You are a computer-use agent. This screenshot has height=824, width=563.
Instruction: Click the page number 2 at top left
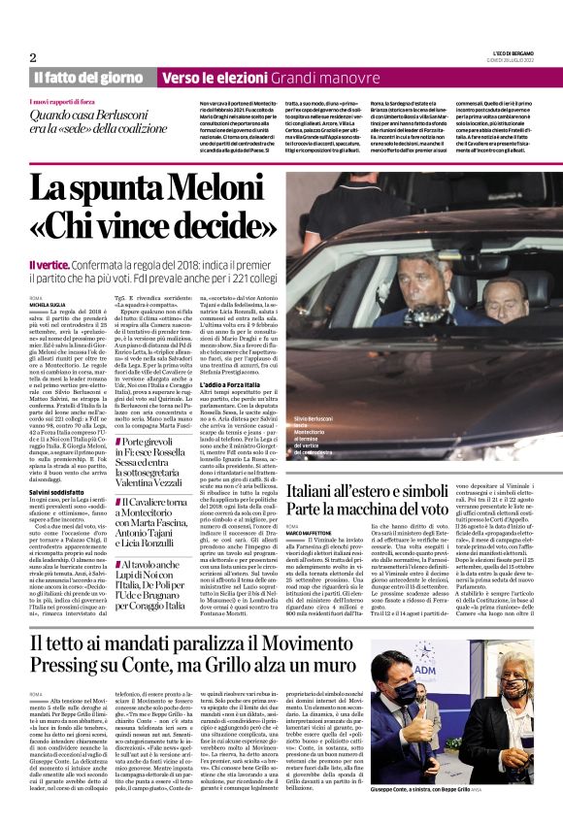pos(33,57)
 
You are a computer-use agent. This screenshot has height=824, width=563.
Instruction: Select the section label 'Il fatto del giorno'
pos(92,77)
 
